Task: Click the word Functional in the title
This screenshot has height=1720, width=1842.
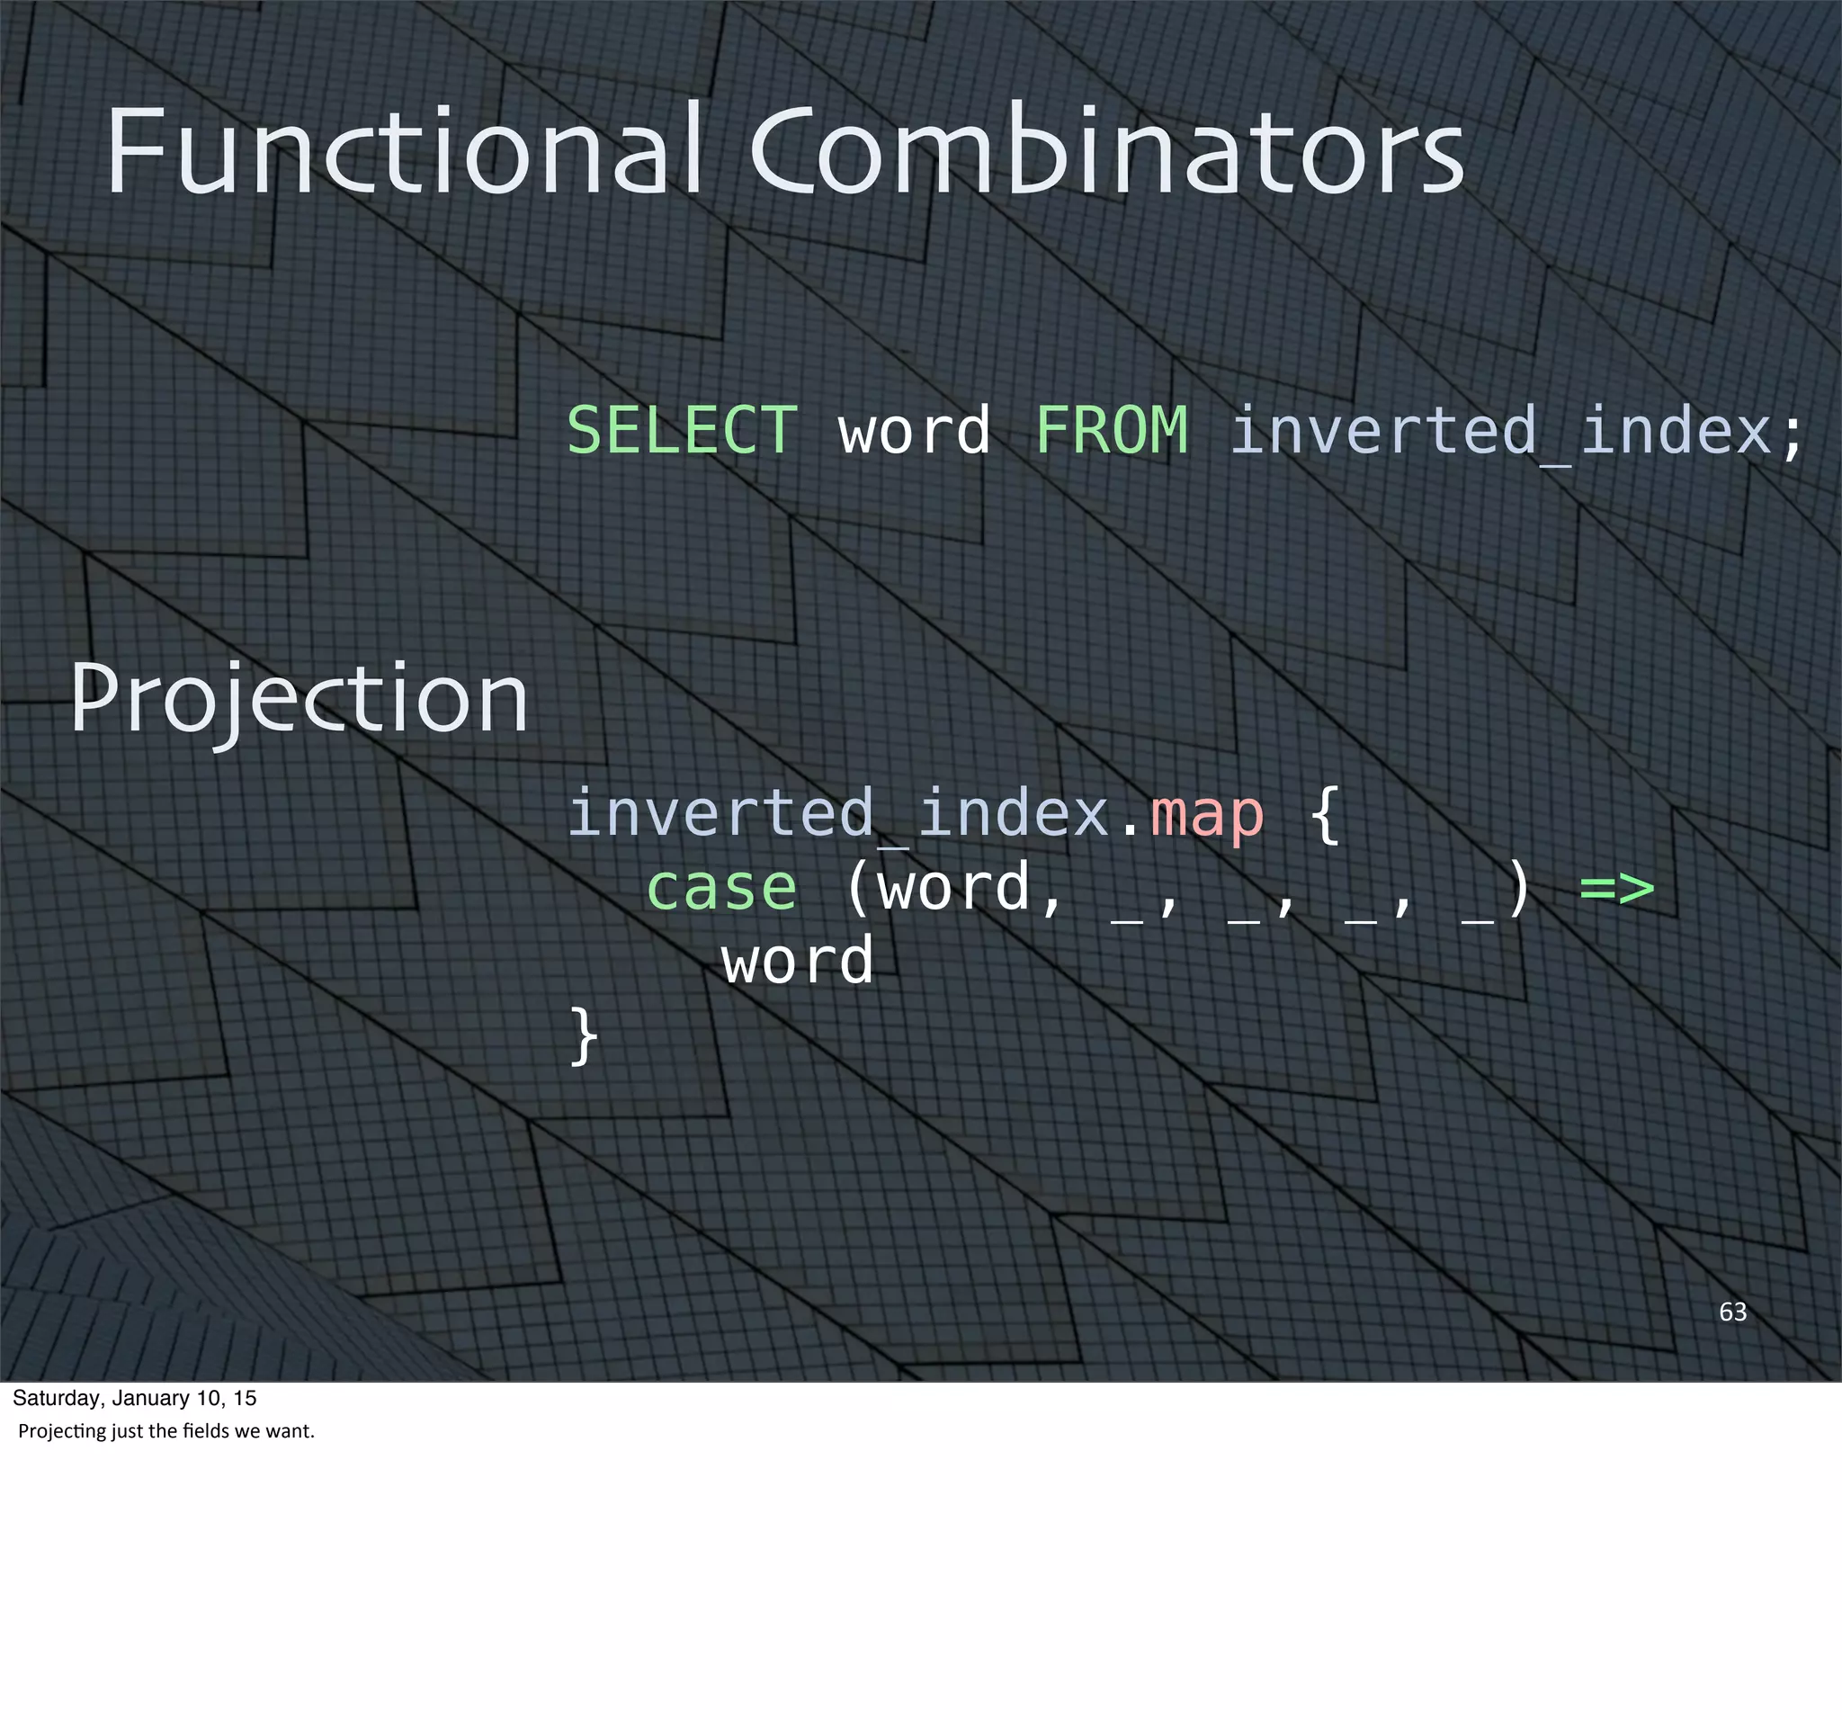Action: tap(403, 151)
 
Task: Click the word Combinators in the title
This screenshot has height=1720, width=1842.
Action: tap(1106, 151)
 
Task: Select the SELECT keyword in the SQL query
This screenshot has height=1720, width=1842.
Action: tap(682, 430)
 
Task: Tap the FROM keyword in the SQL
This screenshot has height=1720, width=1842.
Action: tap(1111, 430)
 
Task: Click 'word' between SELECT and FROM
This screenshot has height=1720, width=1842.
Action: tap(914, 432)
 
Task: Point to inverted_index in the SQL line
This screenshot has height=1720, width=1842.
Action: tap(1500, 432)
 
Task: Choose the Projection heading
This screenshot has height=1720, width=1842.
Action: tap(300, 701)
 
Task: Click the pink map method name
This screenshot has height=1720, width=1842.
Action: tap(1206, 813)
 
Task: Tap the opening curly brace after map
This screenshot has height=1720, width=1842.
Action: tap(1325, 813)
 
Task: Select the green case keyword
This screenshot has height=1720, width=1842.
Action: tap(720, 888)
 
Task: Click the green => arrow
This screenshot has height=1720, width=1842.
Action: tap(1616, 888)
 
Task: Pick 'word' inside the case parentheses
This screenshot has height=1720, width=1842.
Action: tap(954, 888)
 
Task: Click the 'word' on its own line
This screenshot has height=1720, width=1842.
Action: tap(798, 960)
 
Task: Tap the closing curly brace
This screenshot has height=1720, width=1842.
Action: tap(584, 1036)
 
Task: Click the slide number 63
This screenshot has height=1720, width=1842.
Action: tap(1732, 1312)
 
